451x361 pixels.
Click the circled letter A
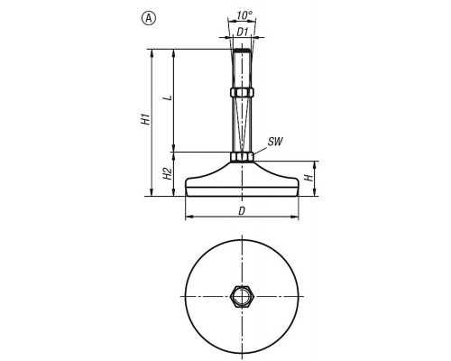(x=149, y=18)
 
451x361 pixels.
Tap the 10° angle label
(x=244, y=15)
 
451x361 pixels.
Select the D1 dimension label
(x=243, y=32)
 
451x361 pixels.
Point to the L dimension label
(x=170, y=97)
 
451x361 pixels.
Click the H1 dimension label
(x=146, y=119)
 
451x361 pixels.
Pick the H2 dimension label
(x=168, y=174)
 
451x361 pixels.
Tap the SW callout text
(x=275, y=142)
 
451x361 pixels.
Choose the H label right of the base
(x=308, y=178)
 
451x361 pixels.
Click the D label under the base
(x=242, y=211)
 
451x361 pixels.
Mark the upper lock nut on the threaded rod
(x=243, y=92)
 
